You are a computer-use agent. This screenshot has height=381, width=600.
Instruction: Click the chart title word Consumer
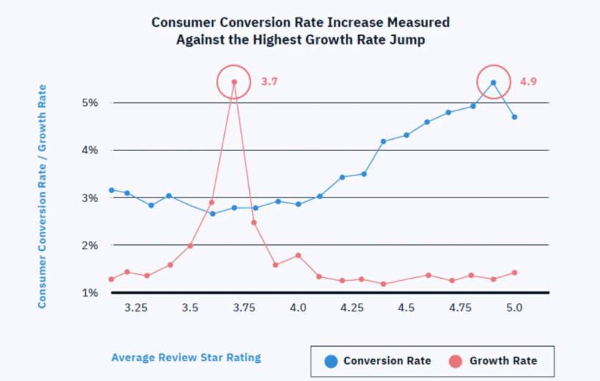click(184, 22)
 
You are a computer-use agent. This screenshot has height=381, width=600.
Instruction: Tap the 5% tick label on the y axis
click(90, 102)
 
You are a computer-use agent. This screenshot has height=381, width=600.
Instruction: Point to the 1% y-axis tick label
click(90, 293)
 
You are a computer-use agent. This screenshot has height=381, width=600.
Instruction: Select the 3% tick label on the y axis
click(90, 198)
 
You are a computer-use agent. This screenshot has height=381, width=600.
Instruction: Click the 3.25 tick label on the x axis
click(136, 308)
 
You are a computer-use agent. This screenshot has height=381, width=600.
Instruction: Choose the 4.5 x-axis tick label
click(406, 308)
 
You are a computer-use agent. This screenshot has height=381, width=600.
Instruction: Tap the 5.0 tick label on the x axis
click(514, 308)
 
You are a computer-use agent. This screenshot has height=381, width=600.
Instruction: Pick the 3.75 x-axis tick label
click(244, 308)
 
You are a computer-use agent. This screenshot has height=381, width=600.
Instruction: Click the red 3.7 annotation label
click(270, 81)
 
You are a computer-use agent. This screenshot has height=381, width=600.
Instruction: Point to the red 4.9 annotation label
click(528, 81)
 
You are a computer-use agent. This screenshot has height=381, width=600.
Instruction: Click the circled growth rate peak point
click(234, 82)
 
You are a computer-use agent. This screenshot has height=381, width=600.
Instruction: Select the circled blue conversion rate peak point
click(493, 83)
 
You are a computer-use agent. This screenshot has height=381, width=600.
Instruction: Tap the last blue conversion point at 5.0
click(515, 117)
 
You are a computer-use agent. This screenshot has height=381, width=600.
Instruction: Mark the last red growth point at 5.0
click(515, 273)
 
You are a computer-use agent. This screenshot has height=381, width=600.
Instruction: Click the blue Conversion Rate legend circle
click(331, 361)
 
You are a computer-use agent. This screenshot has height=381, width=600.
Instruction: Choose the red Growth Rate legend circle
click(456, 361)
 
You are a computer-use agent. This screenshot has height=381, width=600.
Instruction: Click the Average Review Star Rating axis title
click(186, 358)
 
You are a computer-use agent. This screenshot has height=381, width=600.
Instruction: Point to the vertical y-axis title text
click(42, 197)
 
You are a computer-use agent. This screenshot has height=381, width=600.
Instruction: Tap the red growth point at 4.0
click(298, 255)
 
